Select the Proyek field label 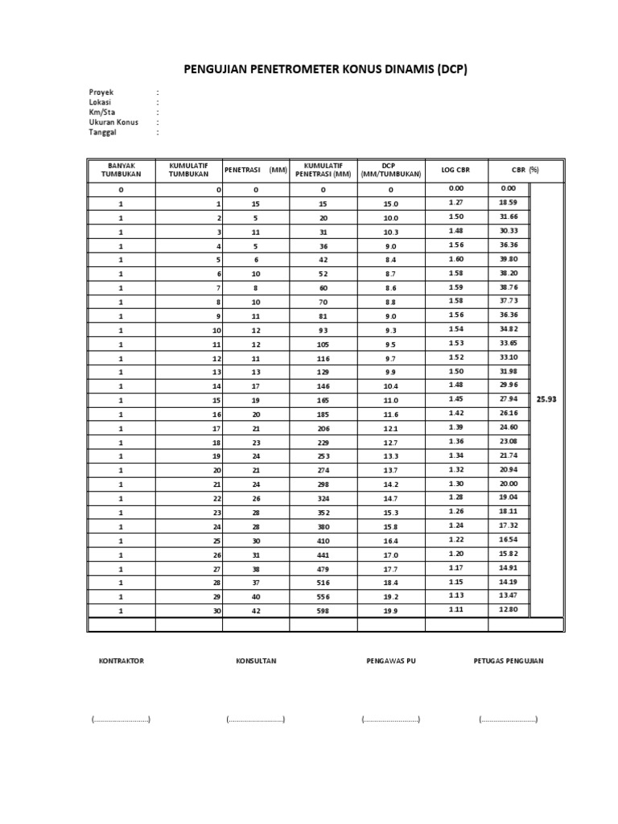click(101, 93)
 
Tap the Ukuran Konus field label click(113, 122)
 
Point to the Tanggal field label click(102, 132)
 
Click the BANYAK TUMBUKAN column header click(122, 170)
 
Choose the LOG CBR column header click(455, 170)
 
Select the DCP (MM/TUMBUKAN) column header click(391, 170)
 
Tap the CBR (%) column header click(525, 170)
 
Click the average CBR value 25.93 click(547, 399)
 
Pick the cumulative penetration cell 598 click(323, 611)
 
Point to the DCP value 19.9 click(391, 611)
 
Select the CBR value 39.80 click(508, 259)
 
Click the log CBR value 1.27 click(455, 203)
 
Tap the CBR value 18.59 click(508, 203)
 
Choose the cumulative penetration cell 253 click(323, 455)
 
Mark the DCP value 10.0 click(391, 217)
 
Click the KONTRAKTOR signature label click(121, 661)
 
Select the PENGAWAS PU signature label click(391, 661)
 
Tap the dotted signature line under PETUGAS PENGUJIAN click(509, 719)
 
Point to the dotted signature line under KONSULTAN click(256, 719)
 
